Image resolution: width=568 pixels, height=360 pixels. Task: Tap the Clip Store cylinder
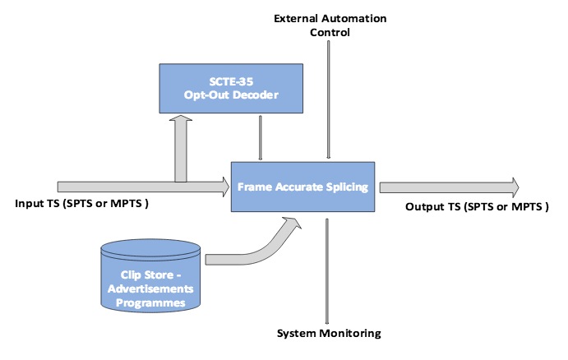click(150, 275)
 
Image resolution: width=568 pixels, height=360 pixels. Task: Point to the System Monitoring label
click(328, 335)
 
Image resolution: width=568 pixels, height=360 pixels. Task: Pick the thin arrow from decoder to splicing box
click(261, 137)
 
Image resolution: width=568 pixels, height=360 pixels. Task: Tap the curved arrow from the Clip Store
click(255, 247)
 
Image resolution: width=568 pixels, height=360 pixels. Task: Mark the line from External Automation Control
click(328, 99)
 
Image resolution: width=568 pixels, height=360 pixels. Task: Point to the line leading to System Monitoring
click(328, 271)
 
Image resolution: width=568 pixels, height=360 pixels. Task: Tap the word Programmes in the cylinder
click(150, 302)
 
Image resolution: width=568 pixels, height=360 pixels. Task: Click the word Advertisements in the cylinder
click(150, 291)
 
